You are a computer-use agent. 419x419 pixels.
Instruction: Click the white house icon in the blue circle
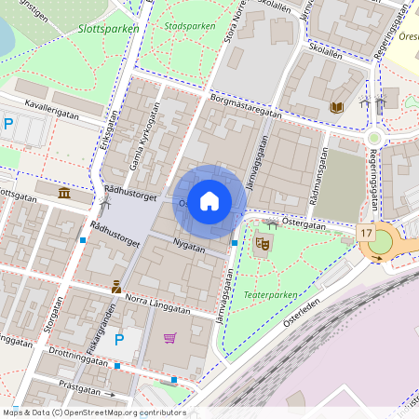point(209,200)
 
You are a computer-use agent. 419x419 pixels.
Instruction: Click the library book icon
point(336,108)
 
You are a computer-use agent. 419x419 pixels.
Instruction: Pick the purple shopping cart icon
point(169,337)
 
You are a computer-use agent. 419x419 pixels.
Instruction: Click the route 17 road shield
point(366,233)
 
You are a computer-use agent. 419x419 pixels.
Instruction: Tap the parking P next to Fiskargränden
point(119,341)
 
